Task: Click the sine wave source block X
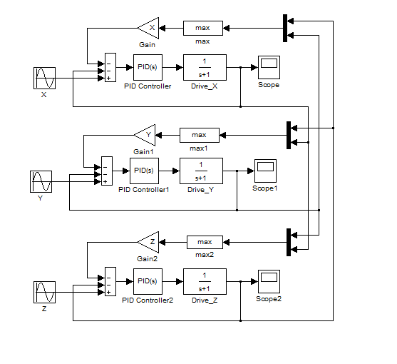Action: (45, 78)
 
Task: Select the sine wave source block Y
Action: (41, 181)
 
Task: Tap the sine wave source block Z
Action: (45, 292)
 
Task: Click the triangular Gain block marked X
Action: (148, 28)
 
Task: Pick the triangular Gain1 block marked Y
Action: (145, 135)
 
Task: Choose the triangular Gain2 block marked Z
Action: (148, 242)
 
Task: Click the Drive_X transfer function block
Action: (205, 67)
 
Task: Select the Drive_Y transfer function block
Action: (201, 171)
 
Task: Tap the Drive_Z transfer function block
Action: (205, 281)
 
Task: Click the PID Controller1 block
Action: (144, 171)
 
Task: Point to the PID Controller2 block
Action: (148, 281)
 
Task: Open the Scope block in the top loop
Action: (269, 67)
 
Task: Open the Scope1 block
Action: (265, 171)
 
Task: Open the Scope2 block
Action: (269, 281)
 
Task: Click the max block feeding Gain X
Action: (203, 28)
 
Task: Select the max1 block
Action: (200, 135)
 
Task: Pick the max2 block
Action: (205, 242)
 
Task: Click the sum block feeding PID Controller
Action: (110, 67)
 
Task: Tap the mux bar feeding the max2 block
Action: (289, 242)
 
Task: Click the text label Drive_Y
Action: (200, 190)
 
